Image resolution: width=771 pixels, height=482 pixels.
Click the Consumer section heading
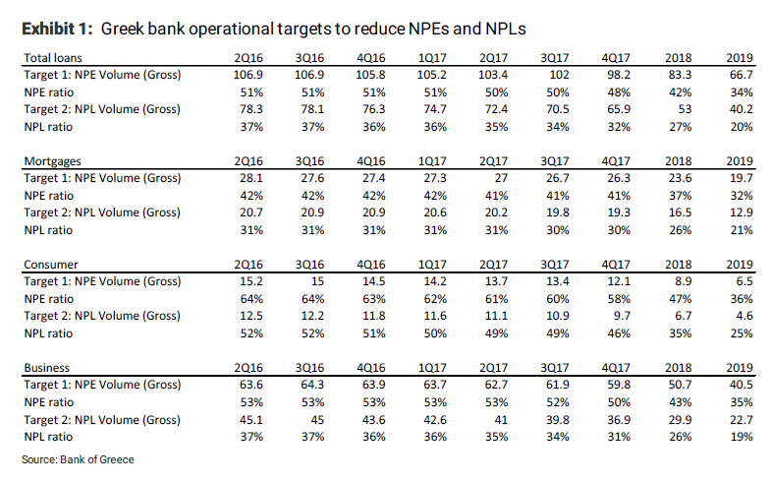[48, 265]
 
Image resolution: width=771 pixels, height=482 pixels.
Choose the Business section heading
[45, 368]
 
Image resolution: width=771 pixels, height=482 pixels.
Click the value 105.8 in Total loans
[371, 75]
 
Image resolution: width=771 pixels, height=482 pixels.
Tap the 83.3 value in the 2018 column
[678, 75]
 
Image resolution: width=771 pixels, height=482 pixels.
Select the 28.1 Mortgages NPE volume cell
[249, 178]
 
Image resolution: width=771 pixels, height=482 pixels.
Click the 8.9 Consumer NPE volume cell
[682, 281]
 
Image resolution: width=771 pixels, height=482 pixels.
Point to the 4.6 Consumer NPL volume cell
[743, 315]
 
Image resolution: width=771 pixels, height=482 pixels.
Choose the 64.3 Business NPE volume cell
[310, 385]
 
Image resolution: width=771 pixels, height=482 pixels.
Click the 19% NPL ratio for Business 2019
[741, 435]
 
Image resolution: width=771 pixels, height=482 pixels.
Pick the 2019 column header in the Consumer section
[739, 265]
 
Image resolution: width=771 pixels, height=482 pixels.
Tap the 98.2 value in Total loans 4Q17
[617, 75]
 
